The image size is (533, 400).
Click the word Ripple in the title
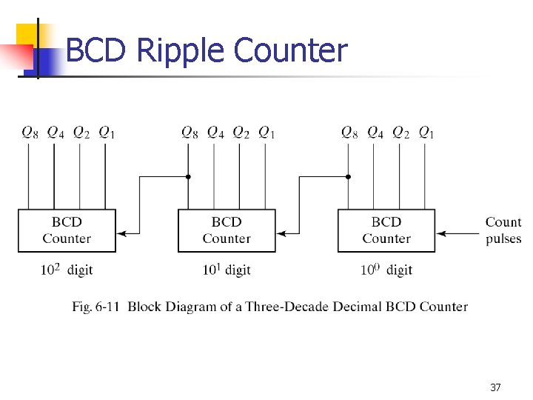coord(181,51)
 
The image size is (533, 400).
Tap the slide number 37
coord(495,387)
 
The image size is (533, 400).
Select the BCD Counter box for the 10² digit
coord(67,230)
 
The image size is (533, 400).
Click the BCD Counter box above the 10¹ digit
coord(227,230)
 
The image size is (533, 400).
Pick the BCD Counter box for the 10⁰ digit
coord(386,230)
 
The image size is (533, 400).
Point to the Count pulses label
coord(503,230)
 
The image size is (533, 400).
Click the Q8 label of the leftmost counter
coord(30,133)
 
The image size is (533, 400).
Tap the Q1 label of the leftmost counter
coord(107,133)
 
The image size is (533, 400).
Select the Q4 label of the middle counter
coord(215,133)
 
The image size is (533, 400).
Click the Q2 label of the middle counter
coord(241,133)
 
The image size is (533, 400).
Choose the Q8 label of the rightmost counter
coord(349,133)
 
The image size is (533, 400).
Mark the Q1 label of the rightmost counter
coord(426,133)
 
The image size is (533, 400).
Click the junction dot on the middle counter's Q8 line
coord(189,177)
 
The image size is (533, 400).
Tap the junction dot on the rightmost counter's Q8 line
coord(349,177)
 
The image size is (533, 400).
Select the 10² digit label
coord(67,270)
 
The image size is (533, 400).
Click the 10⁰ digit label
coord(386,270)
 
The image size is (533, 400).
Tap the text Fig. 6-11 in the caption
coord(97,307)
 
